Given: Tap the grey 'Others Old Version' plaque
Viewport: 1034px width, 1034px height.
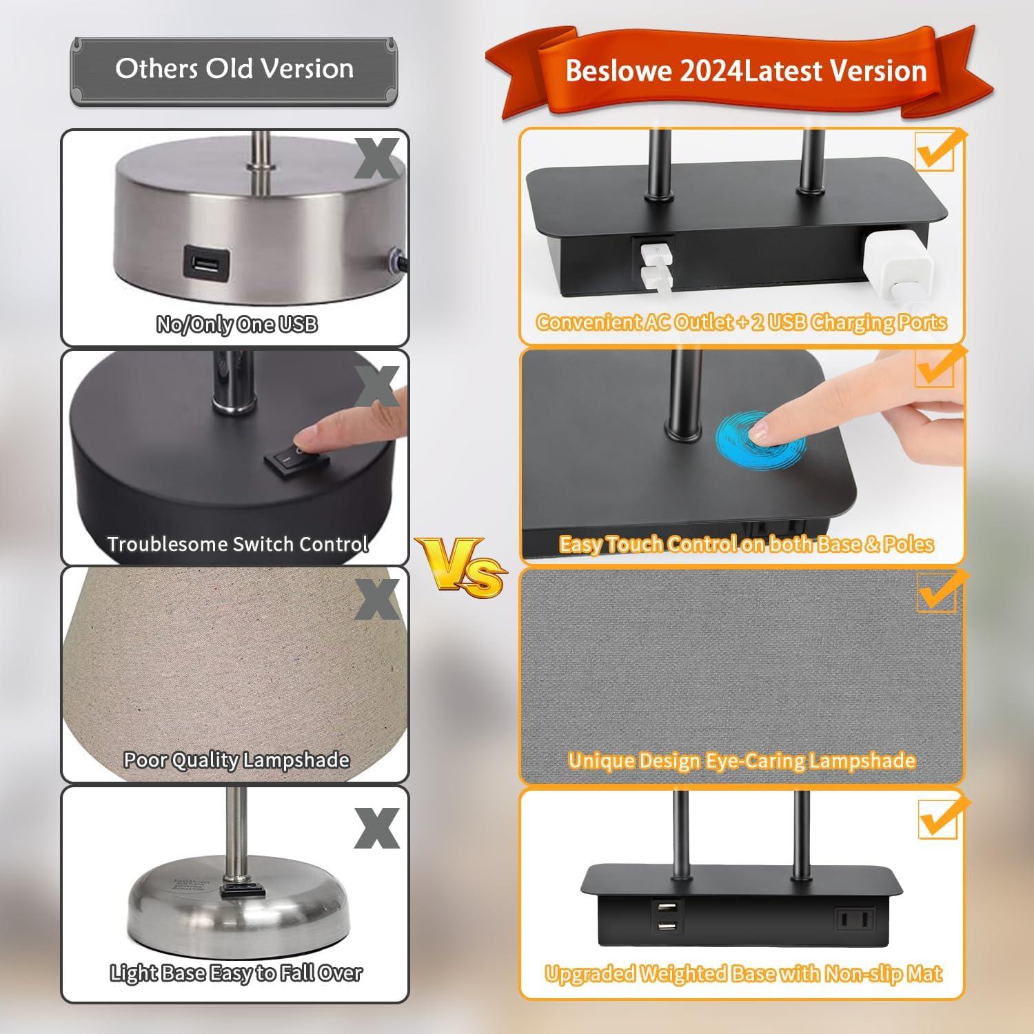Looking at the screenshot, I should (234, 70).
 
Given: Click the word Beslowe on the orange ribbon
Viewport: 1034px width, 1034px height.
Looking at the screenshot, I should (618, 72).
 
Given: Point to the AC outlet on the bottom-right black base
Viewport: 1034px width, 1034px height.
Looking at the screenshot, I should (855, 920).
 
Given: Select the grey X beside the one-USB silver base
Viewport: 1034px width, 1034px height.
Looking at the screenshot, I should (376, 159).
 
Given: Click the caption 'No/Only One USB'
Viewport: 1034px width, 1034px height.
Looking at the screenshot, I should (236, 324).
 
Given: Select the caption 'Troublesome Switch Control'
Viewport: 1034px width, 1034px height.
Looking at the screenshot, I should (237, 544).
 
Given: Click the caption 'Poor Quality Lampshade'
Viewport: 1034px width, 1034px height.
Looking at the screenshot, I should (236, 760).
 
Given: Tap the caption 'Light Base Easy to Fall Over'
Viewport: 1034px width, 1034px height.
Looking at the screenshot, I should (236, 973).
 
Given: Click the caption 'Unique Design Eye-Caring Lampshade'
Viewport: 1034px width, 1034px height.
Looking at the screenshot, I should (742, 760).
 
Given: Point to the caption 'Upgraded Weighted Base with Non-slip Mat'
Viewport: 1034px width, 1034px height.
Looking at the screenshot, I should (743, 973).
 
